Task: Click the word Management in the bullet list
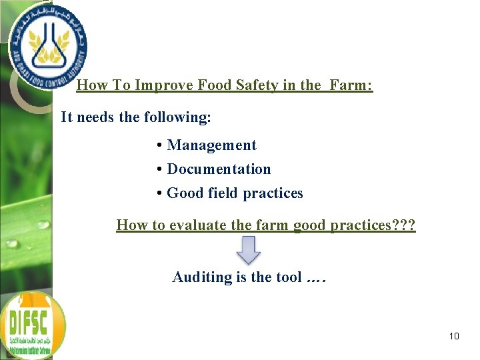pyautogui.click(x=211, y=145)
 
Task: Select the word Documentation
pyautogui.click(x=219, y=169)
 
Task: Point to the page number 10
pyautogui.click(x=454, y=336)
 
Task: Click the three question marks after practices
pyautogui.click(x=404, y=225)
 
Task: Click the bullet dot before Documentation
pyautogui.click(x=161, y=169)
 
